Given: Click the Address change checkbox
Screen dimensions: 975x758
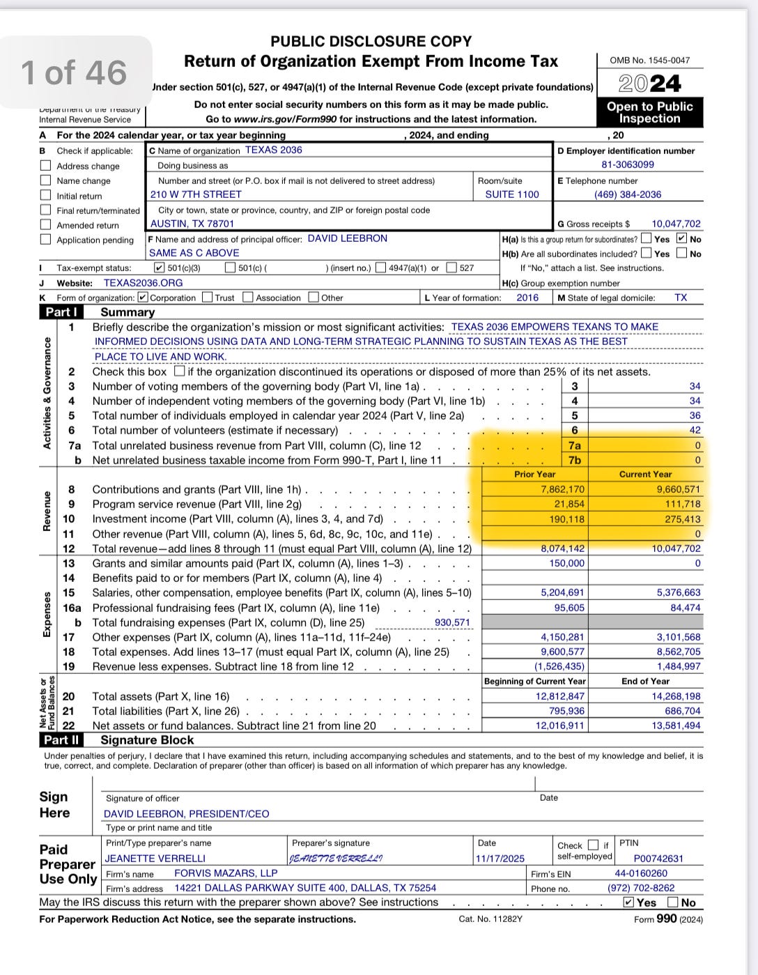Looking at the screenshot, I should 46,166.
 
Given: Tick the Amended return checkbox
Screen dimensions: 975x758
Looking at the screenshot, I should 46,225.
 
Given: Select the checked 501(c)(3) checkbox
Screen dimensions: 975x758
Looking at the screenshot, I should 160,268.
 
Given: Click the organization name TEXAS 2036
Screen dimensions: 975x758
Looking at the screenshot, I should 273,151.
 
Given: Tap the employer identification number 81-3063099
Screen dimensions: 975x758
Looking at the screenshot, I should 628,165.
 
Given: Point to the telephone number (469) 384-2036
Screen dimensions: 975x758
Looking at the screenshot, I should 628,194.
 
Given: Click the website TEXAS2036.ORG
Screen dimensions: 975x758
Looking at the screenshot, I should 143,283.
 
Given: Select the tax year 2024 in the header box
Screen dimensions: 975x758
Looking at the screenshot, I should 649,84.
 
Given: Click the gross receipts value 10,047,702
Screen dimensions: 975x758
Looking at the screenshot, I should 676,224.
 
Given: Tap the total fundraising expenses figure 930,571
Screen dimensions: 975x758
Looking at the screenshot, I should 452,622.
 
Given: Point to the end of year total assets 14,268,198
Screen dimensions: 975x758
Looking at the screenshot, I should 676,696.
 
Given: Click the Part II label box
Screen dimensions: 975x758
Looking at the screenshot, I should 62,740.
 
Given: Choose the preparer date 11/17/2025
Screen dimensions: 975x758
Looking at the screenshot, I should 500,859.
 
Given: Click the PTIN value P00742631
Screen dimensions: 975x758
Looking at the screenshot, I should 658,859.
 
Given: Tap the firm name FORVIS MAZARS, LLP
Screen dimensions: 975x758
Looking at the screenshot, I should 226,873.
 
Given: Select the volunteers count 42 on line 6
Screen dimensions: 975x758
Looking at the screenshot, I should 695,430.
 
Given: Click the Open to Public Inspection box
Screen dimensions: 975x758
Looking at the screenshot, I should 649,112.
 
